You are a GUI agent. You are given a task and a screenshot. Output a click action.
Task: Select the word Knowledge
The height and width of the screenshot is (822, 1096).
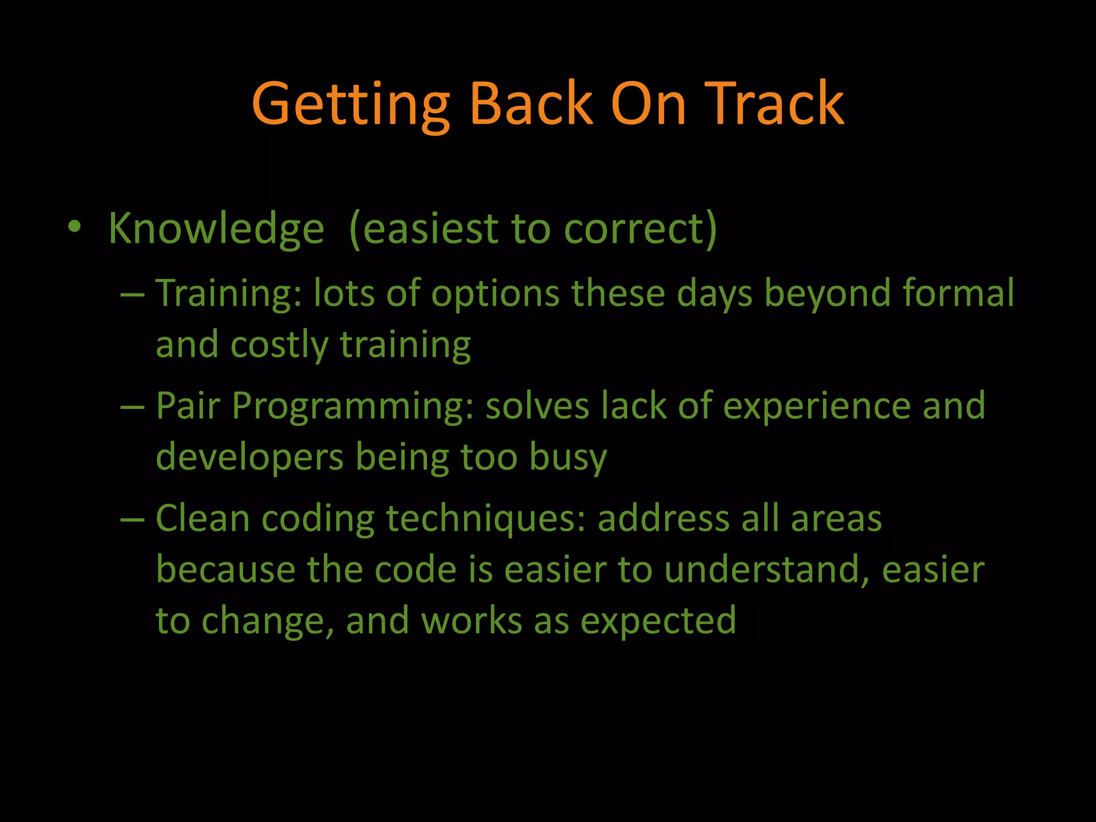coord(216,229)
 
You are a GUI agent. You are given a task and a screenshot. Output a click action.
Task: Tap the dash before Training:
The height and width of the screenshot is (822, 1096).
coord(133,295)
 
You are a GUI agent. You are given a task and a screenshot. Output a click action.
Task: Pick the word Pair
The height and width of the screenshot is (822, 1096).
coord(188,405)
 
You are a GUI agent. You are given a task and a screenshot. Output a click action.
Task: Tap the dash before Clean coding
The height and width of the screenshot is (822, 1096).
coord(133,520)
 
